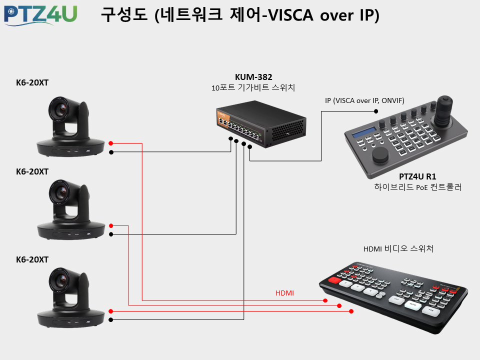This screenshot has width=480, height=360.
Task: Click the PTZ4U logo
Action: click(40, 15)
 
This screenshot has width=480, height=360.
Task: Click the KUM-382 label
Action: click(253, 77)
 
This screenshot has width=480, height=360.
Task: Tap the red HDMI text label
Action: click(284, 293)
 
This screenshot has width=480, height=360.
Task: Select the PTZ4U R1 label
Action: click(417, 176)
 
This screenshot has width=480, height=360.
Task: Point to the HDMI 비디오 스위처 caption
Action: click(398, 248)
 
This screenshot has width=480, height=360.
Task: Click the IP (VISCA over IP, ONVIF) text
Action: click(364, 100)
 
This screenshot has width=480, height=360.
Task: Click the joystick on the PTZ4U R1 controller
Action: click(444, 111)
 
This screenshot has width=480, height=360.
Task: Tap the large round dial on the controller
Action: click(380, 154)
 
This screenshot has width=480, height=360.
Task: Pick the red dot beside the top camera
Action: click(111, 143)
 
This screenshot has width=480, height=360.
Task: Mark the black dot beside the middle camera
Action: click(111, 234)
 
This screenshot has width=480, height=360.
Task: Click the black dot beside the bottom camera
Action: click(111, 320)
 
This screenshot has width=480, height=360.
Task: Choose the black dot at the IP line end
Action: click(376, 111)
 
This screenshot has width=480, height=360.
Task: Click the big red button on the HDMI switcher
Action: click(334, 279)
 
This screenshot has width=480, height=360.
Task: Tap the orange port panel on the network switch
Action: click(222, 119)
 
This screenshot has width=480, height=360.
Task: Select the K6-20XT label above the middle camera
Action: click(32, 171)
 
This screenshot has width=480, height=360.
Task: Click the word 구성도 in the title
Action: click(124, 14)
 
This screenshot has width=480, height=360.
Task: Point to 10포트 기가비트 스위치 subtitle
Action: click(253, 88)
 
